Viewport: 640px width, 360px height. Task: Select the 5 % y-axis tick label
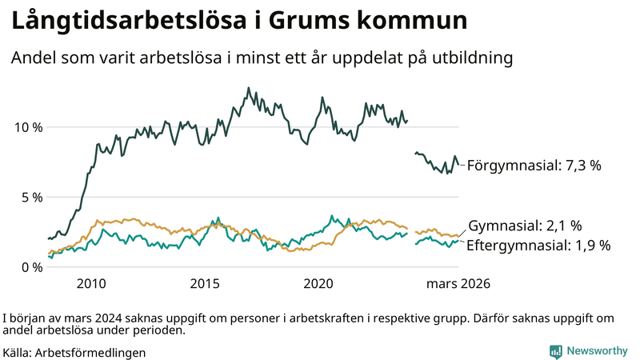click(x=30, y=197)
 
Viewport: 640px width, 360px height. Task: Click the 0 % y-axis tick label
click(x=30, y=267)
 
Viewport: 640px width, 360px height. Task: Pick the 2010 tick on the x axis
click(x=91, y=284)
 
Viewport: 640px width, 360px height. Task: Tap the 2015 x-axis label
click(x=205, y=284)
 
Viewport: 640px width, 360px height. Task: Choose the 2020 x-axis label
click(x=318, y=284)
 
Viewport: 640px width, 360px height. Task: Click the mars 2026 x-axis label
click(x=458, y=284)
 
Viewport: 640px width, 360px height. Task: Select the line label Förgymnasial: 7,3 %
click(x=534, y=166)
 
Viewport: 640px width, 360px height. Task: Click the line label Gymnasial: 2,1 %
click(x=525, y=226)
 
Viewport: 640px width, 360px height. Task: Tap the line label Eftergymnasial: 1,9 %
click(x=538, y=246)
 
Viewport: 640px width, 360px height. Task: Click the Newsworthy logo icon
click(x=555, y=351)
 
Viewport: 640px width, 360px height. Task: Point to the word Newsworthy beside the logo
click(x=598, y=351)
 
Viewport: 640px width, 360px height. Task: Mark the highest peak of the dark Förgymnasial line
click(x=248, y=88)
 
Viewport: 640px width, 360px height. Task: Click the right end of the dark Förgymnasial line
click(x=459, y=165)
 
